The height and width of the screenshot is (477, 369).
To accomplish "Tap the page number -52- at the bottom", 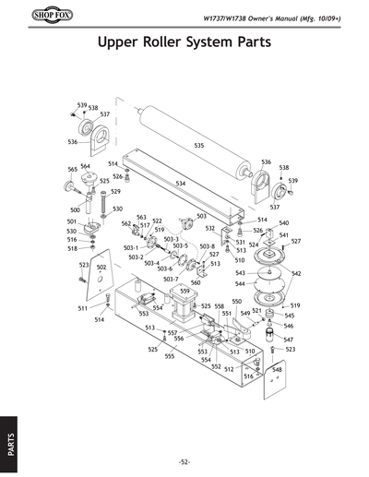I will [x=184, y=460].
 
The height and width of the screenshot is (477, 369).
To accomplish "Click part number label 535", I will [x=198, y=146].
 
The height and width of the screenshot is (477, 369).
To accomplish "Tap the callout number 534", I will [x=181, y=184].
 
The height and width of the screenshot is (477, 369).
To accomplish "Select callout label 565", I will [x=72, y=170].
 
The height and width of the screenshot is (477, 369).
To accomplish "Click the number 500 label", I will [x=74, y=210].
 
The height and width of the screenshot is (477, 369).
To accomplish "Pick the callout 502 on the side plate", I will [x=101, y=267].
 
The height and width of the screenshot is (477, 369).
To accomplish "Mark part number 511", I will [x=82, y=308].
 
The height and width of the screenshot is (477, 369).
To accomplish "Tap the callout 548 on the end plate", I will [x=276, y=369].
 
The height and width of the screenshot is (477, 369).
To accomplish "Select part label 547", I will [x=288, y=340].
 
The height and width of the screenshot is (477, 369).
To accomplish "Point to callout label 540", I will [x=283, y=223].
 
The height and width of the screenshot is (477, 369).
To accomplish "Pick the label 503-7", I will [x=171, y=279].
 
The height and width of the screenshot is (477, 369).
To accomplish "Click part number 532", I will [x=210, y=228].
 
